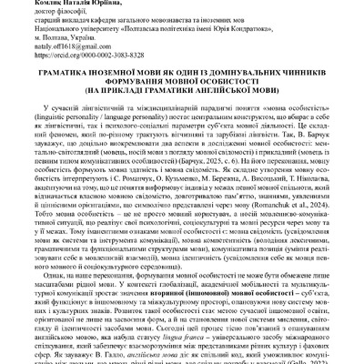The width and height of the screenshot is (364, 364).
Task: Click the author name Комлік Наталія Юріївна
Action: pyautogui.click(x=54, y=5)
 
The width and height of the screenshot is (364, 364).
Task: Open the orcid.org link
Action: pyautogui.click(x=64, y=59)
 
